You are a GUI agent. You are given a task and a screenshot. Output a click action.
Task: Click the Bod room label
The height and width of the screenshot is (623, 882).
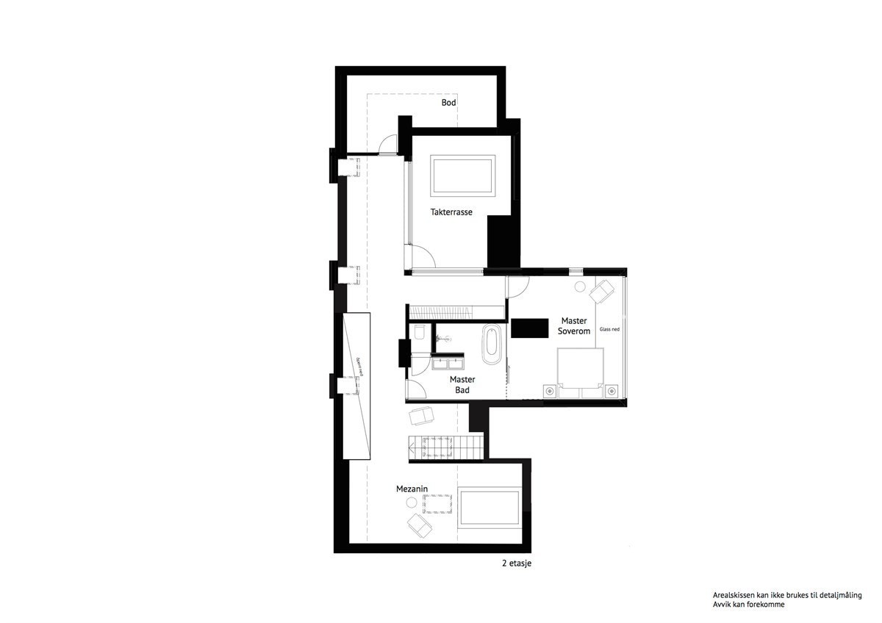click(x=448, y=103)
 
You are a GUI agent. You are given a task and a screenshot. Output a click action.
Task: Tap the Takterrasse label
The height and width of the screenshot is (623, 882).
click(x=451, y=212)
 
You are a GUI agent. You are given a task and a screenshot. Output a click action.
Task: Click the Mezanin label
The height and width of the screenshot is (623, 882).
click(x=412, y=488)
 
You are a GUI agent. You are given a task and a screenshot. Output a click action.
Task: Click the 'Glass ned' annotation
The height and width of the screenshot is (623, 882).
click(x=609, y=329)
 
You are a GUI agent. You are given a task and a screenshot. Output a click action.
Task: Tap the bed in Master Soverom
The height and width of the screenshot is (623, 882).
click(x=579, y=372)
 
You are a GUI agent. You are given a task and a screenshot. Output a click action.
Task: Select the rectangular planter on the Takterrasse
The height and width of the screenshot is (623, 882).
click(x=463, y=175)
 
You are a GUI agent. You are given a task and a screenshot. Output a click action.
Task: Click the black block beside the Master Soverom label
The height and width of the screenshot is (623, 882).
click(x=530, y=328)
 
